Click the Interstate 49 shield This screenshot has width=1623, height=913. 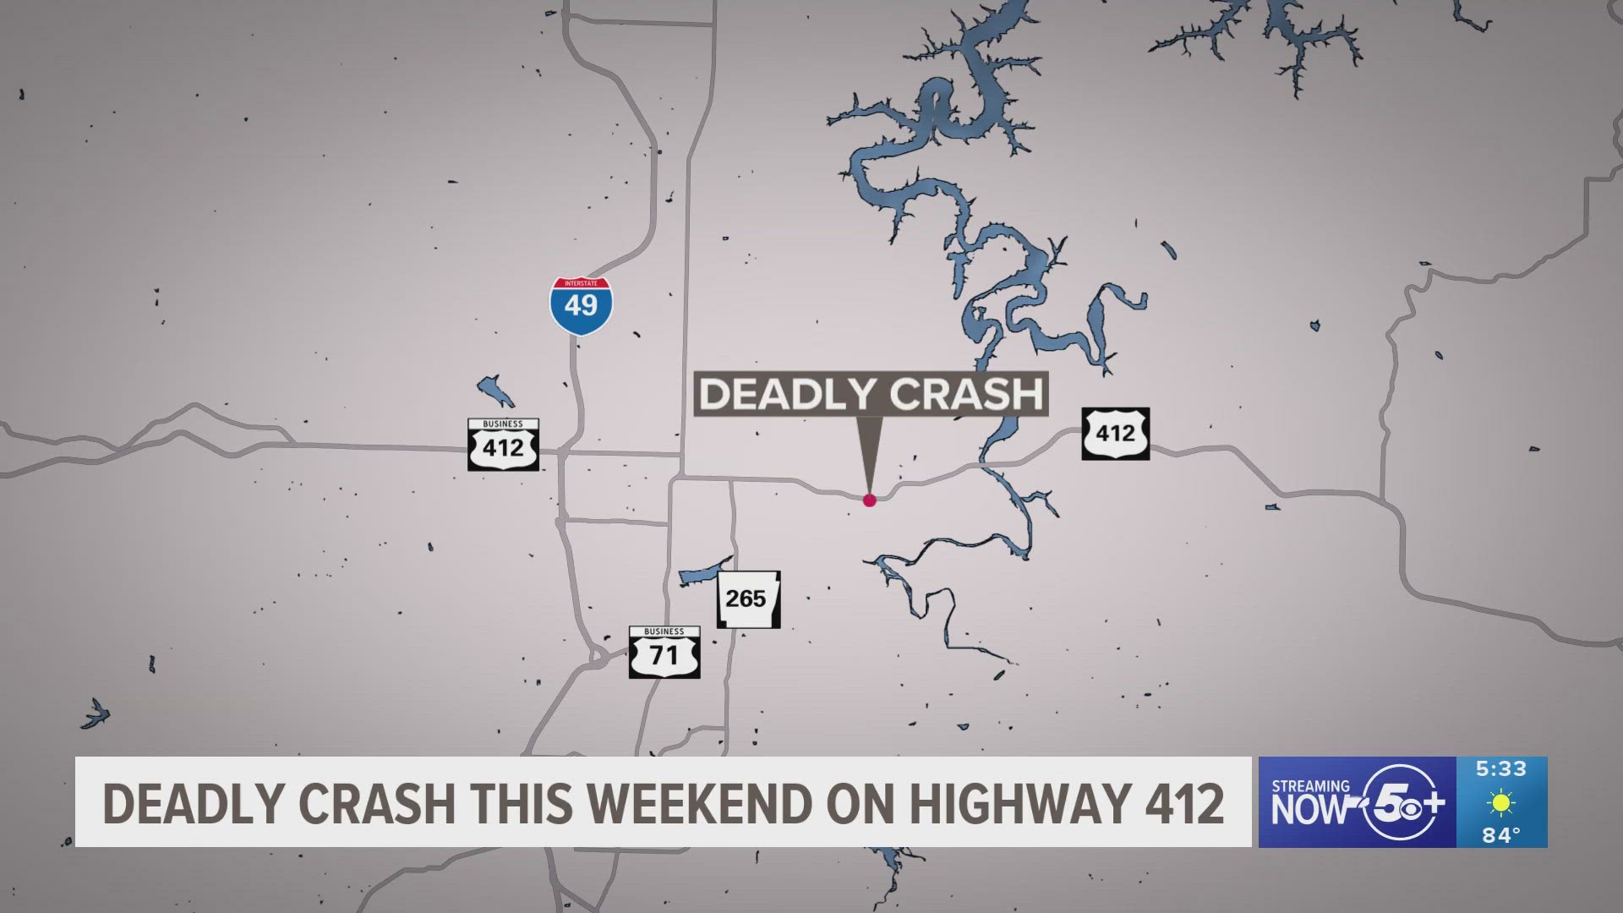(581, 305)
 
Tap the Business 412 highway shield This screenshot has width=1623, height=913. (503, 445)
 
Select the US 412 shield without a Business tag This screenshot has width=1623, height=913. (1115, 434)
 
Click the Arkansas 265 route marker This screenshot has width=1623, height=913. (748, 599)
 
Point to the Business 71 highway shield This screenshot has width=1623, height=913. (664, 653)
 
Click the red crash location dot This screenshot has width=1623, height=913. (869, 500)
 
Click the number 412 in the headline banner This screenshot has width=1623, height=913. (1184, 803)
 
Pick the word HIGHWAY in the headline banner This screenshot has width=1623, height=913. (1019, 803)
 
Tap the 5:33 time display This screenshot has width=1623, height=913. (1501, 769)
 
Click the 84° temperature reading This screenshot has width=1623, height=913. (1501, 835)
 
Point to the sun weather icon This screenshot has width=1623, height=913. (1501, 802)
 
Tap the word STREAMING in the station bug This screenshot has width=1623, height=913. (1310, 786)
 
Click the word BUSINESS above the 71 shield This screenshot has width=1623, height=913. (664, 631)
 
